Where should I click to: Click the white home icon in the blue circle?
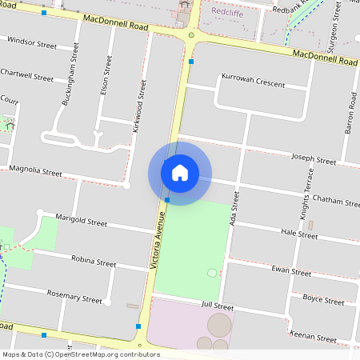(180, 173)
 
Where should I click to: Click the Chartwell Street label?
(27, 79)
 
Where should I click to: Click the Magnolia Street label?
(35, 171)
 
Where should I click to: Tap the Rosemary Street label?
(76, 298)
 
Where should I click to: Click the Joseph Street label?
(314, 160)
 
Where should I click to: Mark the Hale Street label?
(300, 234)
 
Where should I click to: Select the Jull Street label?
(217, 306)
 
